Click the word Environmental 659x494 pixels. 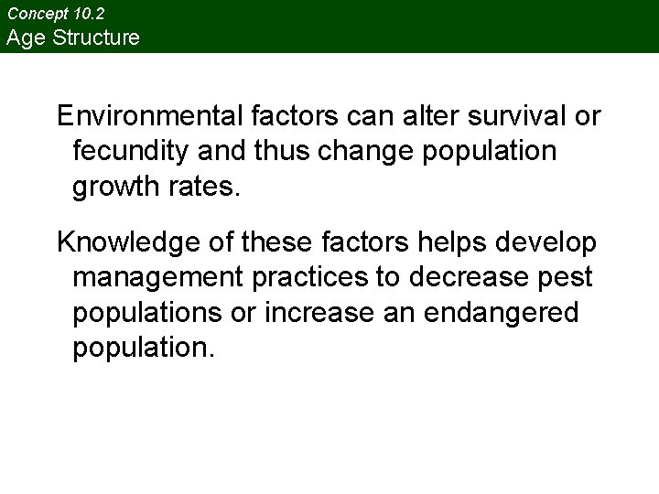[147, 117]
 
